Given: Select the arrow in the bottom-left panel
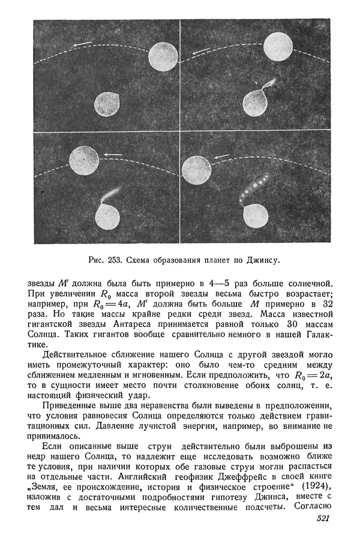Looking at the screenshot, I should (x=110, y=154).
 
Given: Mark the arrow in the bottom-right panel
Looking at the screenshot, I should (x=221, y=157).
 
